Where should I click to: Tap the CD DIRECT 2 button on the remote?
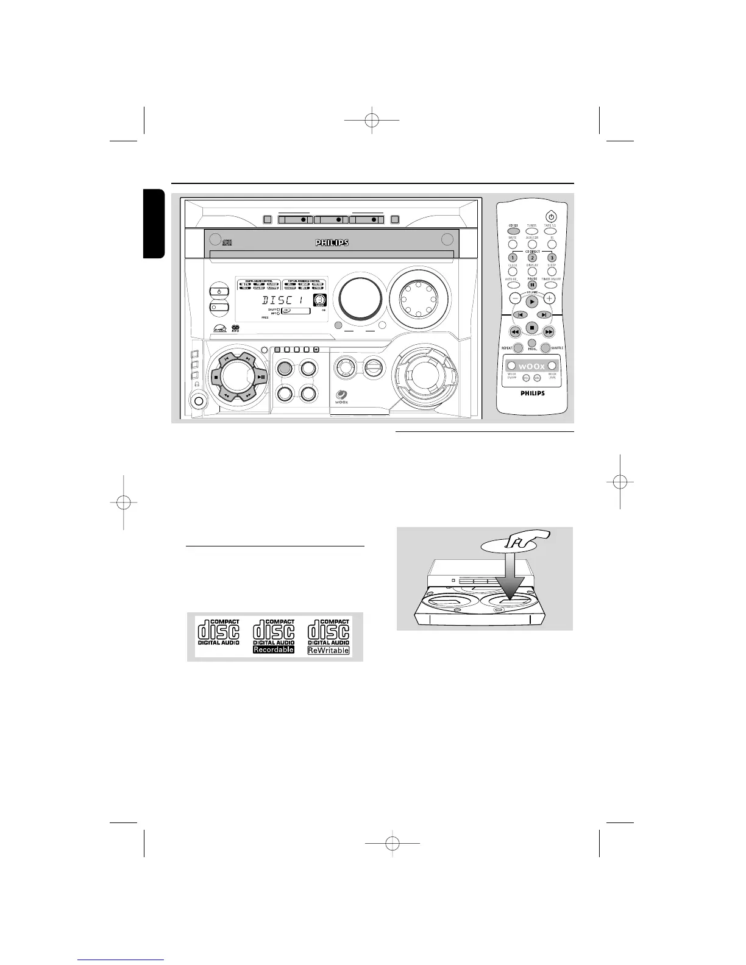point(531,258)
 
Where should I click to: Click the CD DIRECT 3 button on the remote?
point(551,258)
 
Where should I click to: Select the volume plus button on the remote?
point(549,299)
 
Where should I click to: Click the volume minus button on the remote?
point(515,299)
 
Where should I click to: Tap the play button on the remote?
point(532,301)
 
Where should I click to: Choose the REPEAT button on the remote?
point(518,348)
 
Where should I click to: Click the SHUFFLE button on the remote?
point(545,348)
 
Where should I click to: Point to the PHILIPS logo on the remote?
point(532,393)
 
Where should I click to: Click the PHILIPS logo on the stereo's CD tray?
point(332,242)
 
